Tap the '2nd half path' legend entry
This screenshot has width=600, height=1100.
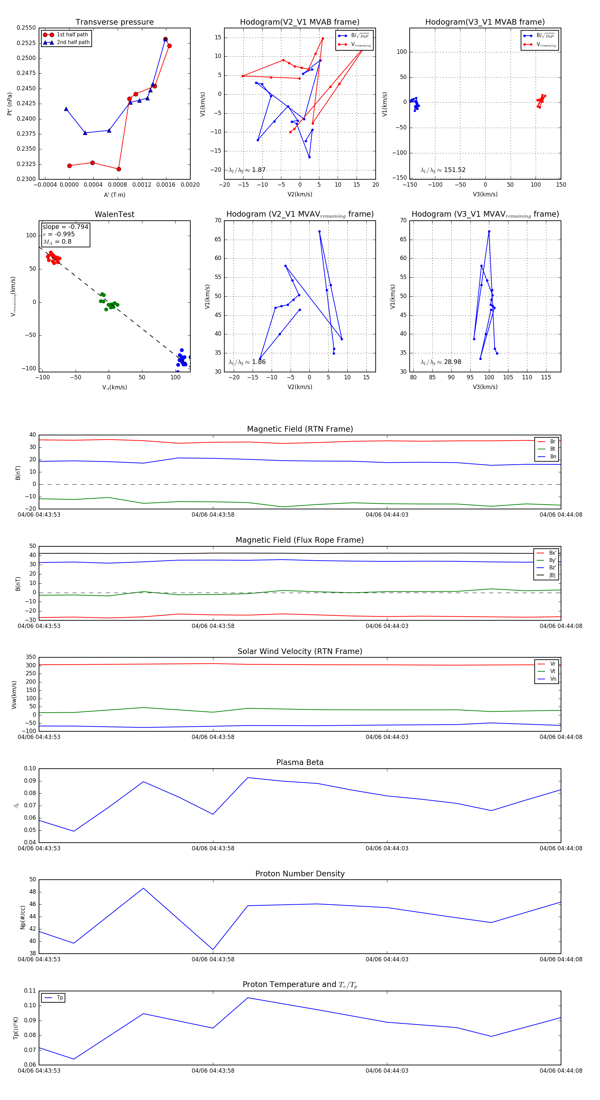point(73,42)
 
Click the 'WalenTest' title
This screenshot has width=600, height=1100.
point(114,214)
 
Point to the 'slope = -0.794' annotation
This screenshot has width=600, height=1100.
point(65,227)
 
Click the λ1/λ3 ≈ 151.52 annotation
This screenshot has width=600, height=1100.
point(443,170)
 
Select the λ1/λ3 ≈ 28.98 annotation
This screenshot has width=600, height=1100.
point(441,362)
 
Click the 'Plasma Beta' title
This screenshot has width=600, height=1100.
point(300,762)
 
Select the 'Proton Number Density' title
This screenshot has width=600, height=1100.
point(300,874)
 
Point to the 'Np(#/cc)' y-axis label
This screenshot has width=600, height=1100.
point(23,917)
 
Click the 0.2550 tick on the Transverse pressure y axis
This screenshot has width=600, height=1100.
point(26,28)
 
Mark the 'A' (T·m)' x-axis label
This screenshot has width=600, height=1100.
point(114,195)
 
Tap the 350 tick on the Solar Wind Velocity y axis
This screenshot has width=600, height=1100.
point(31,657)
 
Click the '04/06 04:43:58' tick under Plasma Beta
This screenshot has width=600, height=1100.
point(213,848)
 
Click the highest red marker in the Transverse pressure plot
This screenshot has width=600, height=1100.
point(166,39)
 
